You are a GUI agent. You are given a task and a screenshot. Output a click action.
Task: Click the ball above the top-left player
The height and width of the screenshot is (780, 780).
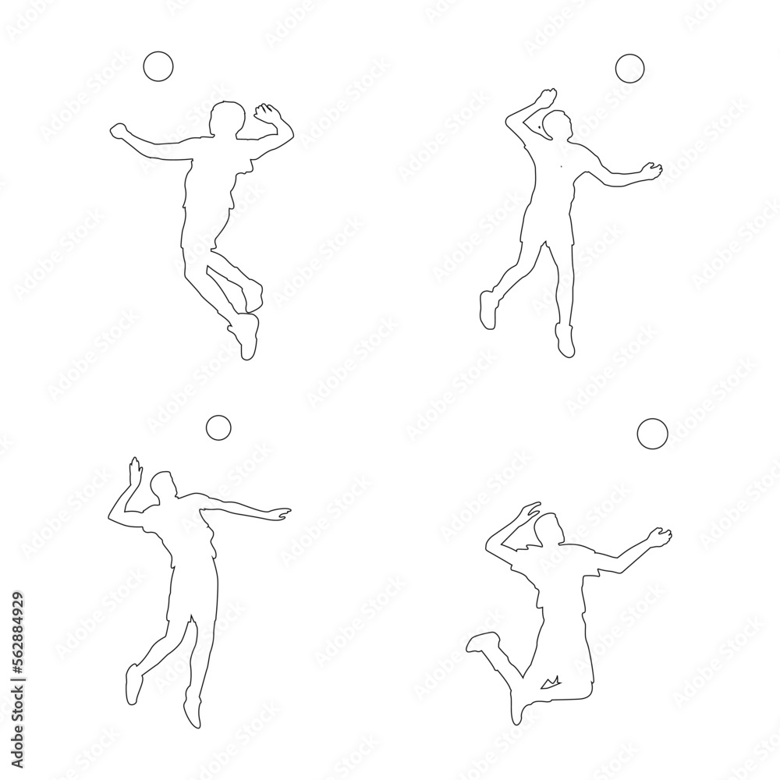click(158, 66)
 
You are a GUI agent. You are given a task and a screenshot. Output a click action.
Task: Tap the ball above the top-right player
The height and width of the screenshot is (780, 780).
click(629, 69)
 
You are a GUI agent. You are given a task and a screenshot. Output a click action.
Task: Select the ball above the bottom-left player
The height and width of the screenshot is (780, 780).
click(218, 427)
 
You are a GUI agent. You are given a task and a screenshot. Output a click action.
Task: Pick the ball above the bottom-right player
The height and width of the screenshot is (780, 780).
click(652, 433)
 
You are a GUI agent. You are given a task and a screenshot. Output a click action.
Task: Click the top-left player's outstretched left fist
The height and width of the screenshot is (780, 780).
click(119, 129)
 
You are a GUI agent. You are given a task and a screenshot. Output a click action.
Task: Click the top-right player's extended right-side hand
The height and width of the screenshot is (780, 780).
click(651, 169)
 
